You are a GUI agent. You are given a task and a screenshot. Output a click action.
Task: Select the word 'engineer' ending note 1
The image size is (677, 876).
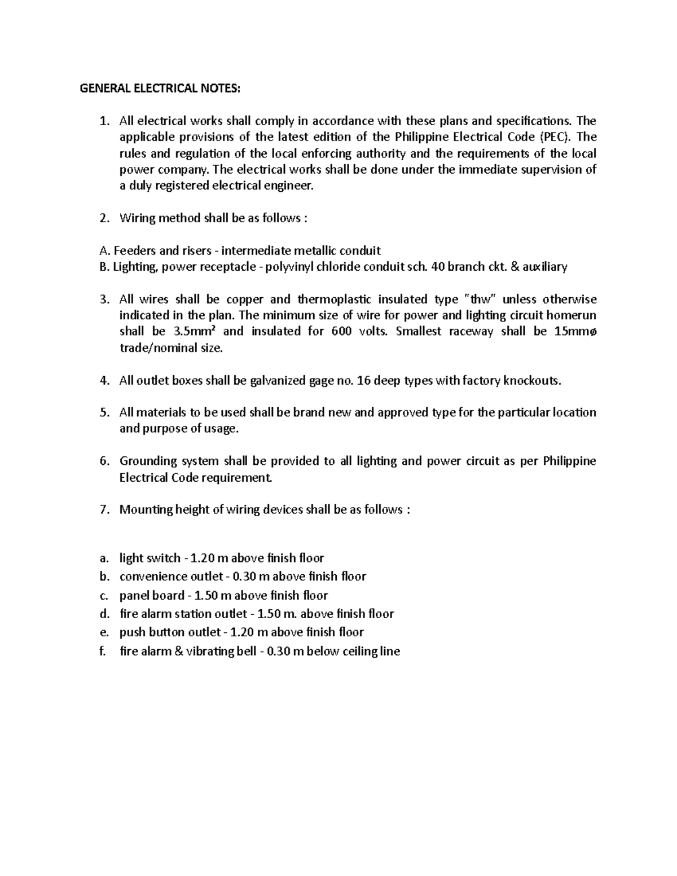tap(287, 186)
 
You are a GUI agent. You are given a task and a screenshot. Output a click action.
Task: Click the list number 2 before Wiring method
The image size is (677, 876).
tap(103, 218)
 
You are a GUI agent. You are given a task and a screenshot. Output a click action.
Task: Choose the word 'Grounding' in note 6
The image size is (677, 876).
tap(147, 461)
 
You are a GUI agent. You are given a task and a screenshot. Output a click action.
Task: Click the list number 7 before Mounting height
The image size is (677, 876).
tap(103, 509)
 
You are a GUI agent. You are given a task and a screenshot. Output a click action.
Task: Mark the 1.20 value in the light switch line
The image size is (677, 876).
tap(203, 558)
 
